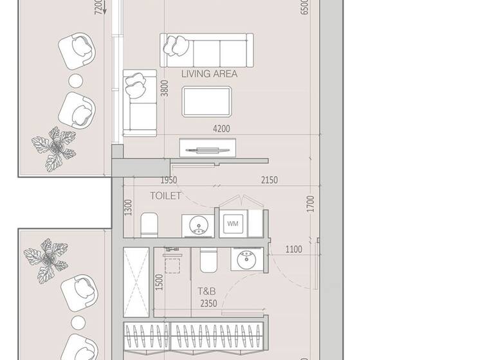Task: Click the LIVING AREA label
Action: pos(209,74)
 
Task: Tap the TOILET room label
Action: pos(165,195)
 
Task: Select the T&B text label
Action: pos(206,291)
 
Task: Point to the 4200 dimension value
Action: pos(221,129)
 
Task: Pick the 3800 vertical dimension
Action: pos(165,88)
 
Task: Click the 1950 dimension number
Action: pos(169,180)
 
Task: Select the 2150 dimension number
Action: pos(269,180)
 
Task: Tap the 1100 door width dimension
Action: pos(293,249)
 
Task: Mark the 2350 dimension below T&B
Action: pos(208,303)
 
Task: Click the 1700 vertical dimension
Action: pos(311,204)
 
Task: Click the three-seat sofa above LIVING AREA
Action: pos(206,49)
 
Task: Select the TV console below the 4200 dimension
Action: pos(207,148)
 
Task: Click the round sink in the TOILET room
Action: pos(197,225)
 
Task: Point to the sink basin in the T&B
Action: pos(246,260)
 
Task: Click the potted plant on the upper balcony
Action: pos(55,148)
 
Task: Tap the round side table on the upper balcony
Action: pos(76,81)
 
